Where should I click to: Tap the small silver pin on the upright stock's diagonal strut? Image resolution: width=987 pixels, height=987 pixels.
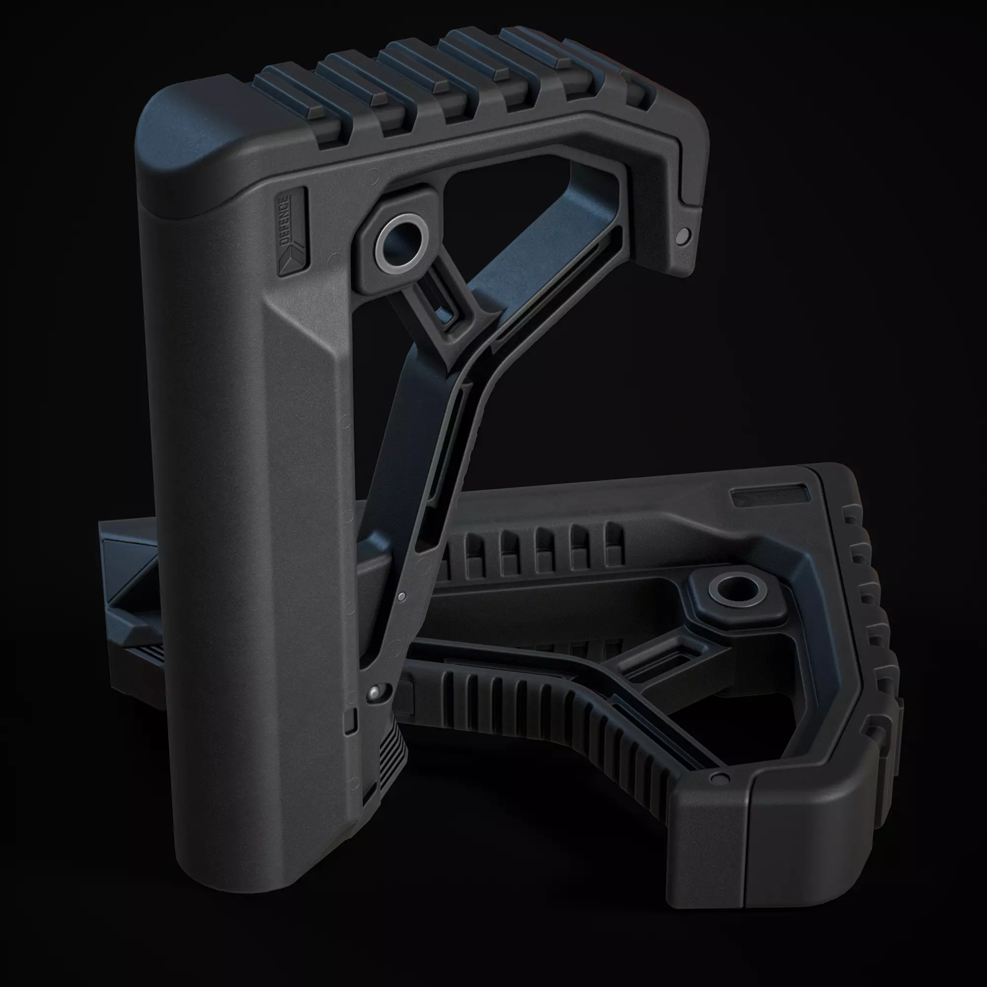402,596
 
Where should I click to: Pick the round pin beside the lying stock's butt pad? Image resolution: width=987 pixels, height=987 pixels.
721,779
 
